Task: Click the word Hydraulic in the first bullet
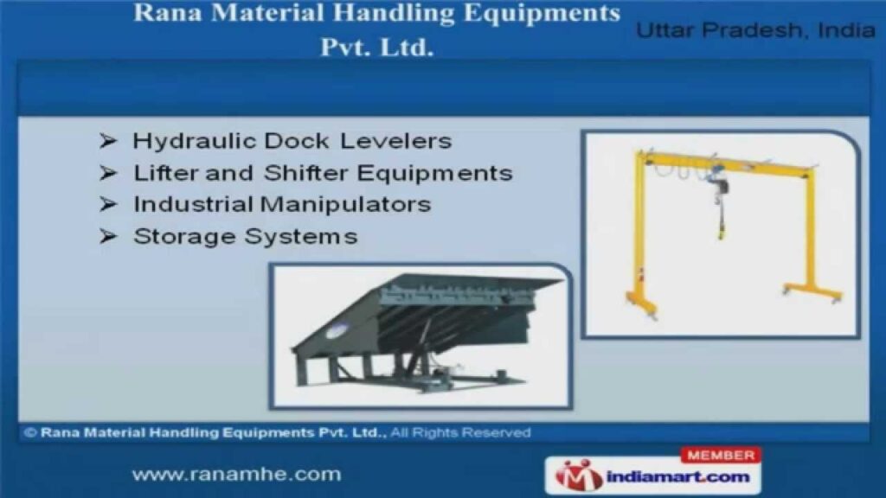[194, 141]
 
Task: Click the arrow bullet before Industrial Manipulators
[108, 204]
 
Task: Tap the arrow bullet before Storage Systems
[108, 236]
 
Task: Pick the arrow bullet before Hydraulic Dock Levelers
[108, 141]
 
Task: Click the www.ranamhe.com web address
[237, 475]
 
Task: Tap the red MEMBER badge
[721, 455]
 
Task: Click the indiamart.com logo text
[678, 477]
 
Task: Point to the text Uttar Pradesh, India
[755, 30]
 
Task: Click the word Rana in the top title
[168, 13]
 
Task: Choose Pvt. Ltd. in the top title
[377, 48]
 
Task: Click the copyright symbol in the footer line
[30, 432]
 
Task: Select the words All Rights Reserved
[460, 432]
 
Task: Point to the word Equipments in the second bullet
[434, 173]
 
